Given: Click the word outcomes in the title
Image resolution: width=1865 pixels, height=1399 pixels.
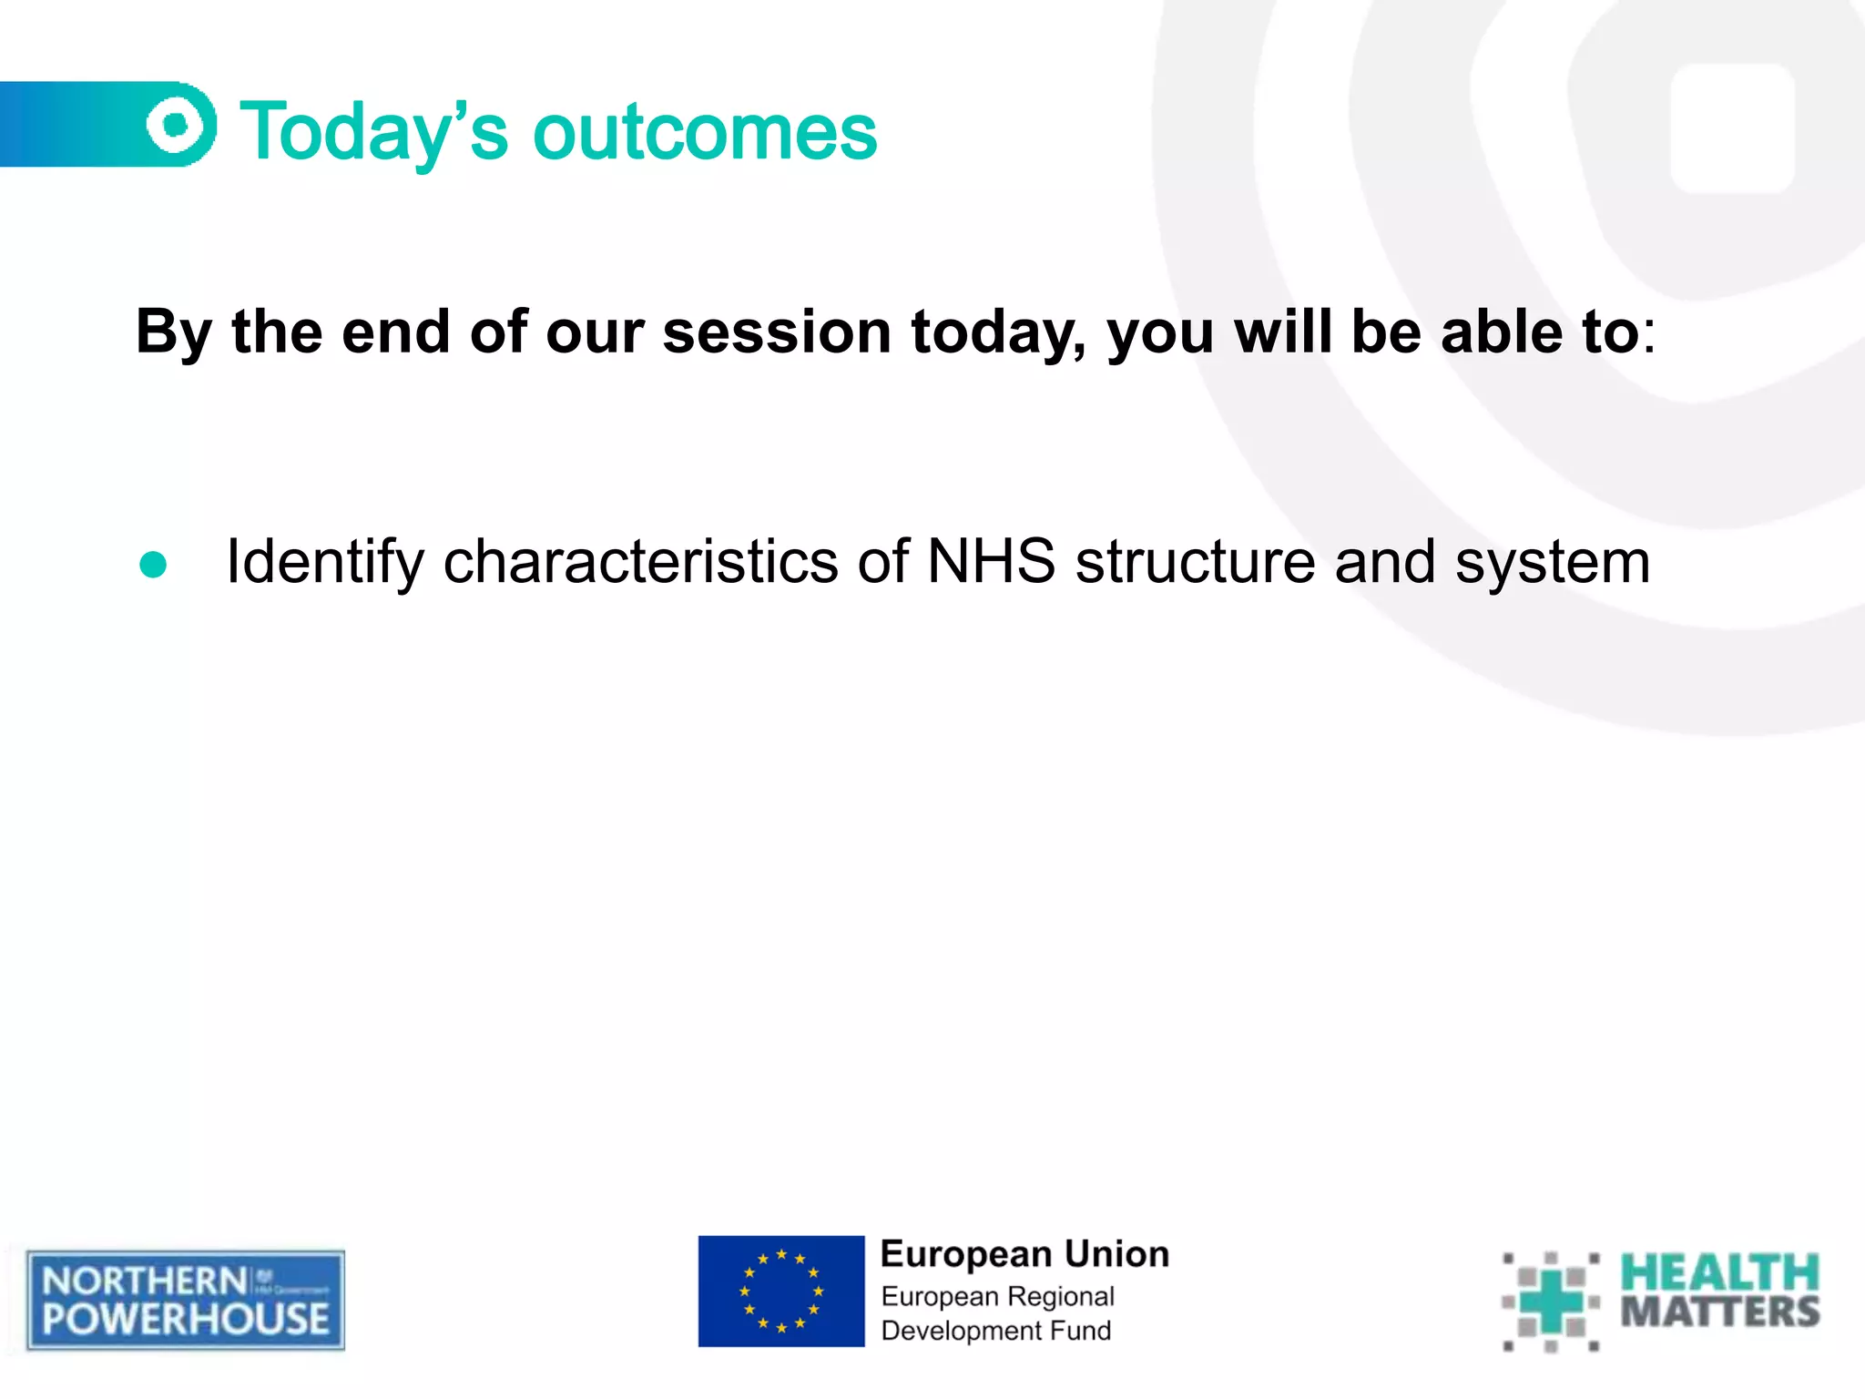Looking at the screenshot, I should [705, 133].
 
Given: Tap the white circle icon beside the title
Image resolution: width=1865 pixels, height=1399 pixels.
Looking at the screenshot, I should [178, 124].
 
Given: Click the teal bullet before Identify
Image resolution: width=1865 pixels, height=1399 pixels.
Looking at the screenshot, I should [153, 565].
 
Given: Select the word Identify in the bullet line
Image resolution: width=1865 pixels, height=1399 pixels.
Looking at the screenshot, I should [324, 563].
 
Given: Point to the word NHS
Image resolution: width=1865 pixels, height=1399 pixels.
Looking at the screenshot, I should [990, 561].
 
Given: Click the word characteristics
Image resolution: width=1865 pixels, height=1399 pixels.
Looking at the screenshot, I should [640, 561].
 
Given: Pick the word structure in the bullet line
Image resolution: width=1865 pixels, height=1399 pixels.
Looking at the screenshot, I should [1195, 561].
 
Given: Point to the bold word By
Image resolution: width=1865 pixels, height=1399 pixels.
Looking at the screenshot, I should [173, 333].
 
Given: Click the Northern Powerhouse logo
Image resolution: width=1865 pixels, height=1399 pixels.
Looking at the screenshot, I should [186, 1300].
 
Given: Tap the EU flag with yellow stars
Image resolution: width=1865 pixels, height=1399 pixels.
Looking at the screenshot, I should [780, 1291].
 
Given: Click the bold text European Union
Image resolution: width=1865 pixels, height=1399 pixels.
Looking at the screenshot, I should [1024, 1255].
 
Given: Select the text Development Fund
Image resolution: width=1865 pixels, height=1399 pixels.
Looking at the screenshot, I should [995, 1331].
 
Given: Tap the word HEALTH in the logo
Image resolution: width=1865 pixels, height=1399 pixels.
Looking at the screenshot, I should [1718, 1273].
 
